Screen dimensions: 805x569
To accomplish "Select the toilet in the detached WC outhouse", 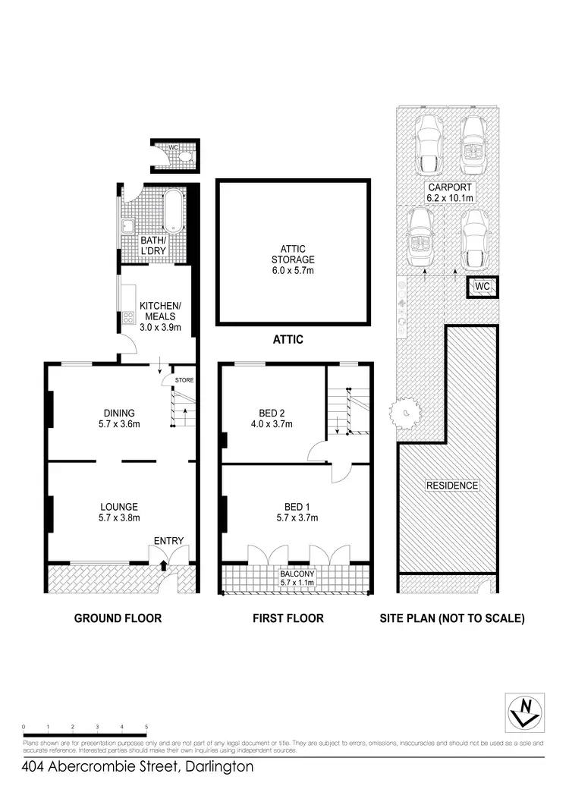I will click(184, 157).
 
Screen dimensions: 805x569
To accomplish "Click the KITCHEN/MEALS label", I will click(157, 311).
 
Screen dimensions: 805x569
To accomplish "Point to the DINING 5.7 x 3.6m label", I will click(120, 419).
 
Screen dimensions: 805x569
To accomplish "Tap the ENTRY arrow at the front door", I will click(164, 564).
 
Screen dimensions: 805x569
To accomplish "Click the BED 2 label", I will click(271, 419).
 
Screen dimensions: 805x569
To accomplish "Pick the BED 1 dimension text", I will click(296, 518).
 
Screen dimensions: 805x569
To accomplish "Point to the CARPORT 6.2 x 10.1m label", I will click(450, 193).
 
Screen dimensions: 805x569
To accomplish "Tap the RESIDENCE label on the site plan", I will click(451, 486).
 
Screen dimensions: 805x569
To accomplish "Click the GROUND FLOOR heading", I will click(118, 618).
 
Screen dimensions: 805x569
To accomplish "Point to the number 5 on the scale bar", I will click(146, 727).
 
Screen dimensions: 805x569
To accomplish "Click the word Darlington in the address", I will click(217, 767).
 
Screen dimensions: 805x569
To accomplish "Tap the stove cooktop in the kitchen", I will click(124, 317).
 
